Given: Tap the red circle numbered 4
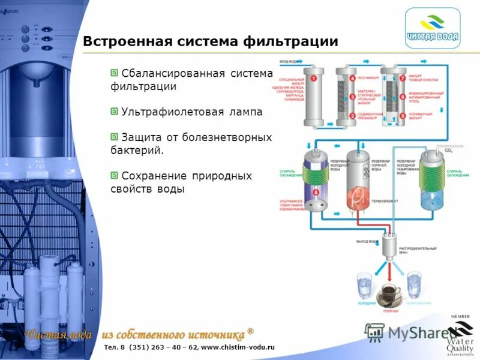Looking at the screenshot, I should pyautogui.click(x=352, y=78).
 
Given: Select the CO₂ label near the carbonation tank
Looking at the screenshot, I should pyautogui.click(x=448, y=150).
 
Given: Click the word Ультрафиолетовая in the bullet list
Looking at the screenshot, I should pyautogui.click(x=163, y=112).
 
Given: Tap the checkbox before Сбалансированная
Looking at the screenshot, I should pyautogui.click(x=114, y=73).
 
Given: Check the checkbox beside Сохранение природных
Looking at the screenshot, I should pyautogui.click(x=114, y=175).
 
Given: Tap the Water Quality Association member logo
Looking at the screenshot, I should pyautogui.click(x=461, y=336).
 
